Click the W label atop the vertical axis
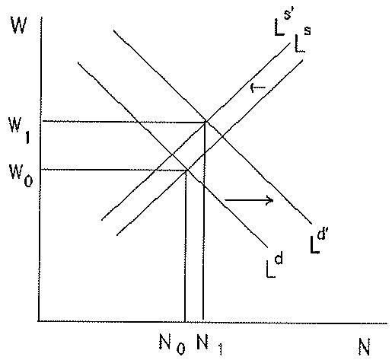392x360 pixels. pos(19,24)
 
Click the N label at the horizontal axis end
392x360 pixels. pos(365,346)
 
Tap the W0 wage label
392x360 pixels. pos(21,175)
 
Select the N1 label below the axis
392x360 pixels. pos(210,346)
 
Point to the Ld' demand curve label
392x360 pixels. pos(317,242)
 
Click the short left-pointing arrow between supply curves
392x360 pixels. pos(258,88)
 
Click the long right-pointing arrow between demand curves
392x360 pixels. pos(249,200)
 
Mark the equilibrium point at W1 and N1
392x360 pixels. pos(206,123)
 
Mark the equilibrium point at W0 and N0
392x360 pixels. pos(187,170)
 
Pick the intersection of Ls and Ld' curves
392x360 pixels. pos(222,137)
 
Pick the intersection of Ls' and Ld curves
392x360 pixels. pos(173,155)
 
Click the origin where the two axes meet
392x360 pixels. pos(39,321)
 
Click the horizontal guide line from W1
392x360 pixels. pos(124,122)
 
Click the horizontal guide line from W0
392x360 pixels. pos(113,170)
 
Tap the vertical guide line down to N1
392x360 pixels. pos(204,221)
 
